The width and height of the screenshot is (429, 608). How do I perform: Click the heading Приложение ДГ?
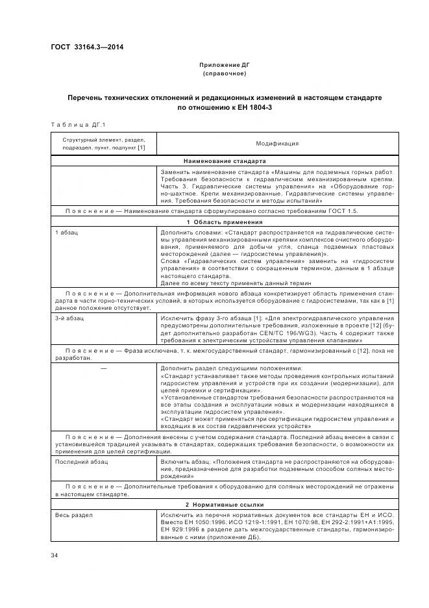pos(224,66)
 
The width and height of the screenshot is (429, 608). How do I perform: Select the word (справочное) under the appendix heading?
pos(224,74)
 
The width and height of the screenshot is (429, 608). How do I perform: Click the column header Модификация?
pos(277,144)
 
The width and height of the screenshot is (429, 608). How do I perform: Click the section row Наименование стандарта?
pos(225,160)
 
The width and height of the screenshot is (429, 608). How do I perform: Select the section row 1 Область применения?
pos(225,222)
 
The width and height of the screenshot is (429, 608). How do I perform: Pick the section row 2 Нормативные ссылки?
pos(225,505)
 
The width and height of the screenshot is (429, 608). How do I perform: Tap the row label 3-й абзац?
pos(69,318)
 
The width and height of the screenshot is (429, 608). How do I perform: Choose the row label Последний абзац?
pos(82,462)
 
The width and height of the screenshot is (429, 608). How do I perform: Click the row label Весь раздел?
pos(73,515)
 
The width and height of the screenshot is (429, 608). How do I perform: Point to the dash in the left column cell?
pos(104,368)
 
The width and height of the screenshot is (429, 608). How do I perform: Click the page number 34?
pos(55,555)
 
